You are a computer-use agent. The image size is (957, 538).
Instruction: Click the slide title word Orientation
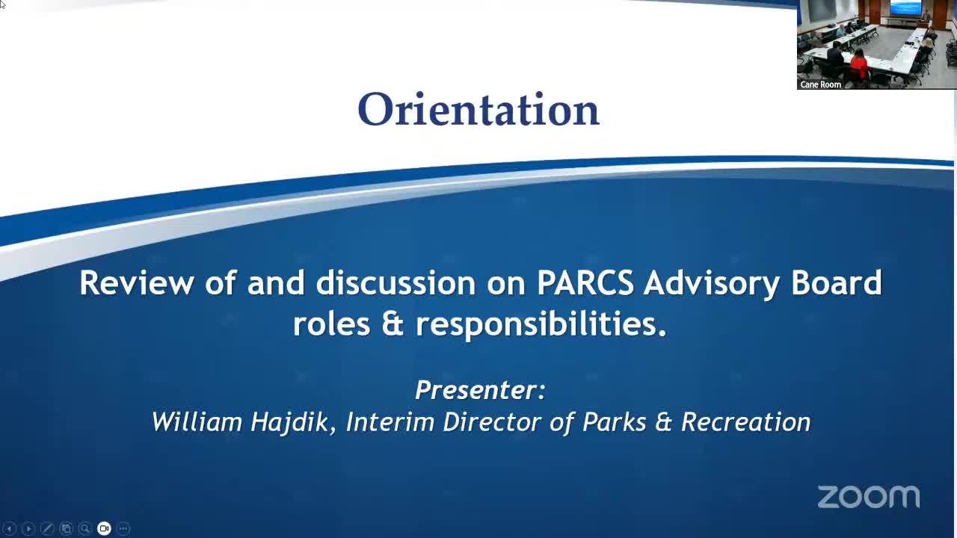tap(478, 110)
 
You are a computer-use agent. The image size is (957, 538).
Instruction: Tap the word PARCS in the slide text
tap(585, 283)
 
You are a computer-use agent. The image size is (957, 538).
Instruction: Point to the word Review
tap(137, 283)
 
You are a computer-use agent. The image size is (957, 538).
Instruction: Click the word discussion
tap(396, 283)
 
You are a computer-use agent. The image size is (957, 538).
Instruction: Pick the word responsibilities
tap(541, 324)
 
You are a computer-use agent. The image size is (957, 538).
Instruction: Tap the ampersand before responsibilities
tap(393, 324)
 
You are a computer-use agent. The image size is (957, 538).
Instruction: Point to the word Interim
tap(390, 422)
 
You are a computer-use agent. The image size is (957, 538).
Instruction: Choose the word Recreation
tap(745, 422)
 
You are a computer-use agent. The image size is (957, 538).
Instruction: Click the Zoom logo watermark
tap(868, 497)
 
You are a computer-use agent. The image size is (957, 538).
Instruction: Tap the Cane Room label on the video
tap(820, 84)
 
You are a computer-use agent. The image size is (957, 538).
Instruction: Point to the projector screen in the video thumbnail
tap(905, 8)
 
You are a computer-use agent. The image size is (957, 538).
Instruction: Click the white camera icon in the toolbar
tap(104, 528)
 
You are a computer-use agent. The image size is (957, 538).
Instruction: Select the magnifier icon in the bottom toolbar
tap(84, 528)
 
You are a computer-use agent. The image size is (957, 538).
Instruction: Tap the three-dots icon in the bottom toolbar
tap(123, 528)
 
